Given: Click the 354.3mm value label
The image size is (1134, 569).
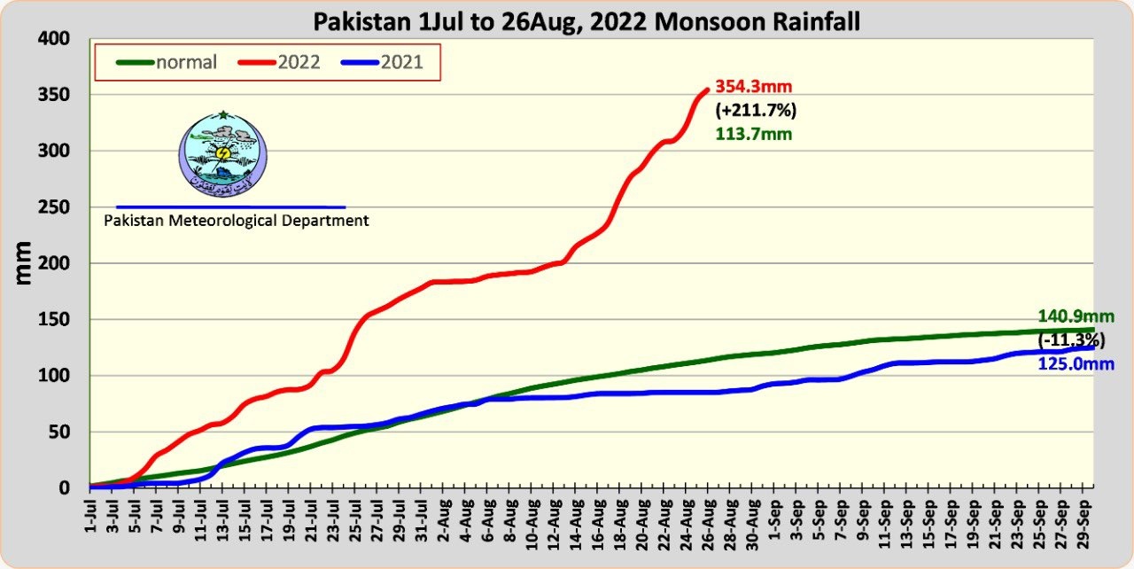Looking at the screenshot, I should (753, 87).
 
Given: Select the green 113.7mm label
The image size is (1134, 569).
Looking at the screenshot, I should (753, 135).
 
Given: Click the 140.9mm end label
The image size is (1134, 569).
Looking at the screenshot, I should (1076, 317).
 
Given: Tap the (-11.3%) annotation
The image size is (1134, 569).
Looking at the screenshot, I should (1076, 341).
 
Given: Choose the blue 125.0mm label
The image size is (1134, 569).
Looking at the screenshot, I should (1076, 364).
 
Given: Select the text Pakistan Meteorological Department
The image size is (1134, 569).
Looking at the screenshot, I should (237, 221).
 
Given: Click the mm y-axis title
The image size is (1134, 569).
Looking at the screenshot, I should (24, 262).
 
